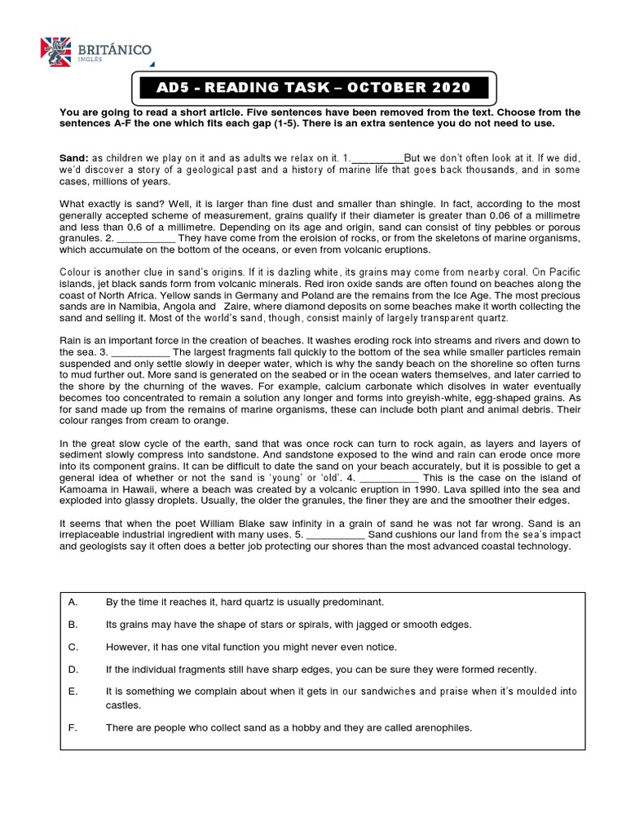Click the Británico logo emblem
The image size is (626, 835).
point(55,51)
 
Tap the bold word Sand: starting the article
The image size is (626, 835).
point(74,157)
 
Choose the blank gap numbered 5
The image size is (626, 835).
point(336,534)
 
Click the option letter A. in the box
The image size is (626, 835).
point(73,602)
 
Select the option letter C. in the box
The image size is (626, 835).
point(73,647)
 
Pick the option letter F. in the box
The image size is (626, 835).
point(73,727)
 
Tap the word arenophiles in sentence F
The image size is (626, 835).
point(443,727)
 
